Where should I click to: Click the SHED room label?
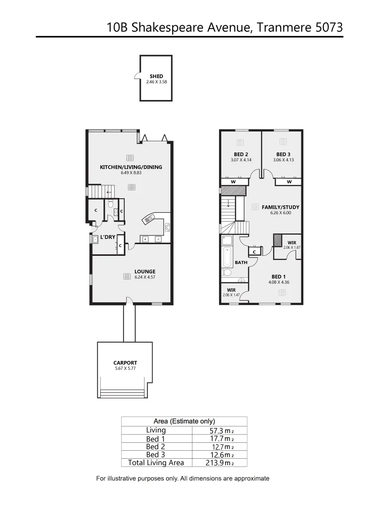156,76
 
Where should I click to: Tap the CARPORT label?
125,362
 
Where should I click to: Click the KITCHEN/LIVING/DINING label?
131,167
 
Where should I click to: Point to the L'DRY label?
108,237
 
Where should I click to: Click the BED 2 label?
241,154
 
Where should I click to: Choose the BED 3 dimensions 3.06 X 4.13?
284,160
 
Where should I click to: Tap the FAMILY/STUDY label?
280,207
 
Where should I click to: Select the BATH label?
241,263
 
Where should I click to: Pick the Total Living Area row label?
156,462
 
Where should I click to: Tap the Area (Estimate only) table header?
184,421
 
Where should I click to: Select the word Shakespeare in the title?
165,27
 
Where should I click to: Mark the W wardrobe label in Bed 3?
289,181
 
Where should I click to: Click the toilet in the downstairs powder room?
111,204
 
